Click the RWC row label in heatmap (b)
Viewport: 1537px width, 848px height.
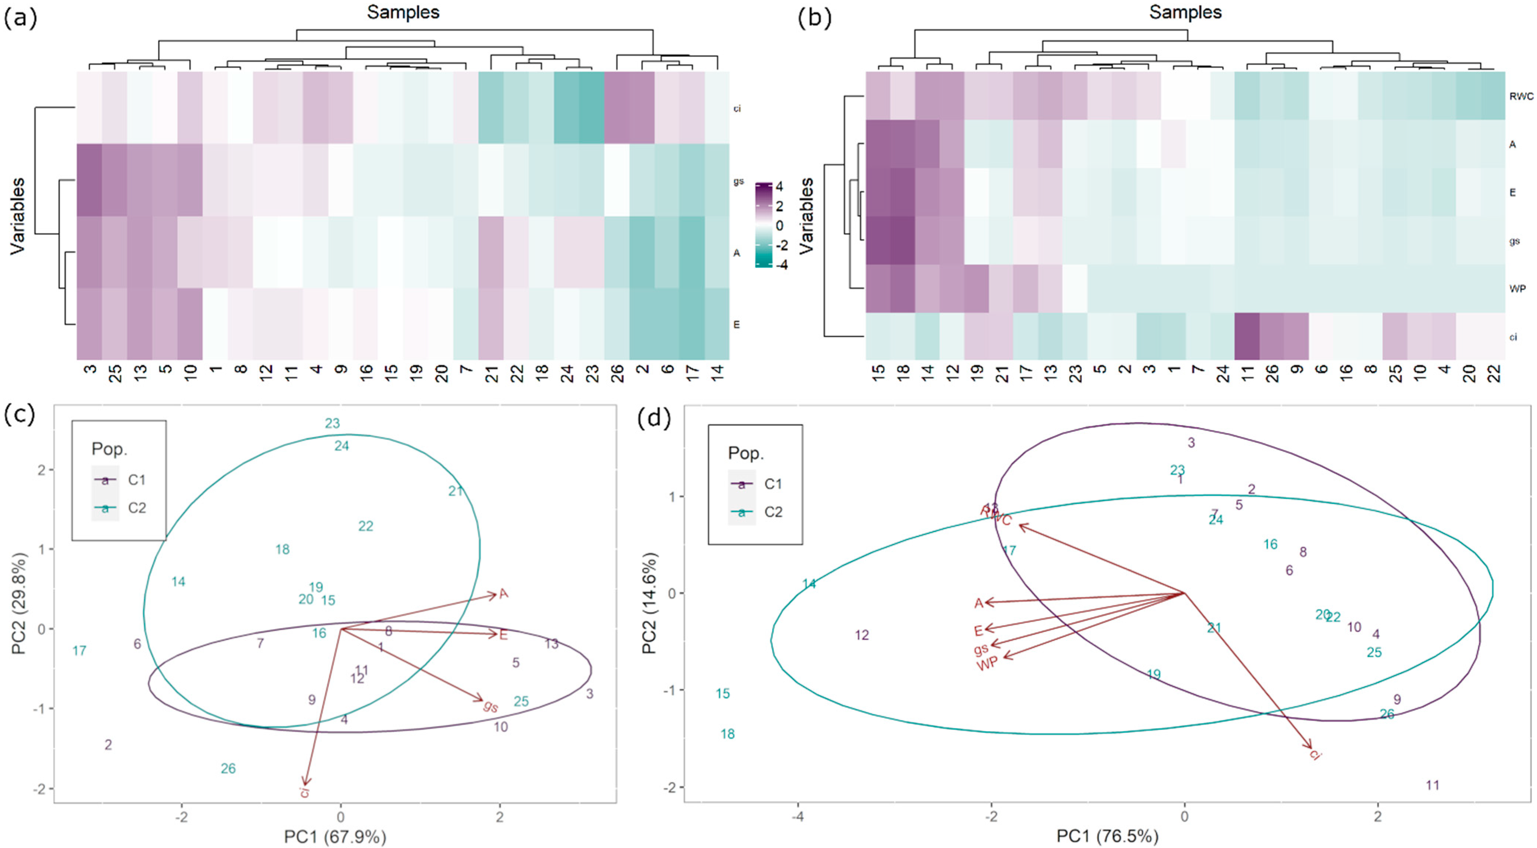click(x=1520, y=96)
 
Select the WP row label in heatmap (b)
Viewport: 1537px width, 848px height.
click(x=1517, y=289)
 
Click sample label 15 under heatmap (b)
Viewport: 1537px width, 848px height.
click(x=878, y=373)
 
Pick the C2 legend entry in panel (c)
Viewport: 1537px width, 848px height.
click(x=137, y=508)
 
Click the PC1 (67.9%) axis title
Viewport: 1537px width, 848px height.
click(x=335, y=837)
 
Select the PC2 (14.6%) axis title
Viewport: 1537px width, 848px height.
click(x=649, y=603)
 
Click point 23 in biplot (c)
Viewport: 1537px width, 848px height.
click(x=332, y=423)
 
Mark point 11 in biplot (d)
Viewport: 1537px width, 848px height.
click(x=1432, y=785)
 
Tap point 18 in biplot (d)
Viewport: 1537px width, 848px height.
click(x=727, y=734)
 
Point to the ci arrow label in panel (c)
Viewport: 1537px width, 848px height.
click(x=305, y=792)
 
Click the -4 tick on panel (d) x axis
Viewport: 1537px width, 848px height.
click(x=798, y=816)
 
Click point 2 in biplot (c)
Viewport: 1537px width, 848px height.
click(x=108, y=745)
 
